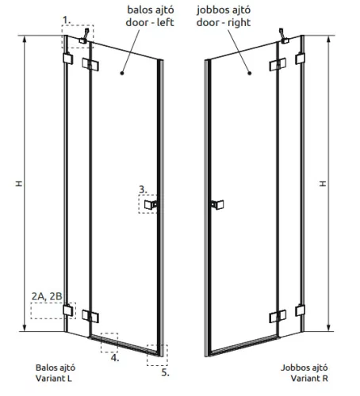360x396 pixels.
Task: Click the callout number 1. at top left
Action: click(x=67, y=20)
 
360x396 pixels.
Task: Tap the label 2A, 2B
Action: click(x=47, y=296)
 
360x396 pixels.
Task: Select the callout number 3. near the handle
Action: click(x=143, y=189)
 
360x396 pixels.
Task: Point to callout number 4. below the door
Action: click(x=115, y=358)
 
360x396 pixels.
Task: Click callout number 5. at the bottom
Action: click(x=165, y=372)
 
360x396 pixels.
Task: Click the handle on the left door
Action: click(x=151, y=204)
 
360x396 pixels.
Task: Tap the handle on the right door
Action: click(x=217, y=204)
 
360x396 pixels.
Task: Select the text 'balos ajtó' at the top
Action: click(x=151, y=10)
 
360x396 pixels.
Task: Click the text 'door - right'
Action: click(x=224, y=22)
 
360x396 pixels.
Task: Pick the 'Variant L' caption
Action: click(x=54, y=379)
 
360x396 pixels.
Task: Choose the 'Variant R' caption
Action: click(x=309, y=379)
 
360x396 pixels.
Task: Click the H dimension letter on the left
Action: click(x=19, y=184)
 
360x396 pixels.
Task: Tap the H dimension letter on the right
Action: click(x=323, y=184)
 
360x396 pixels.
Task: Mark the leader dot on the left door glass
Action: click(x=122, y=73)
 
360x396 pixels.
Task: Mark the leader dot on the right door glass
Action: click(x=249, y=73)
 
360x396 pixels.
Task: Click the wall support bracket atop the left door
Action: click(x=84, y=36)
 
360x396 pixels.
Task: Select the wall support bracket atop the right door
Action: click(x=284, y=36)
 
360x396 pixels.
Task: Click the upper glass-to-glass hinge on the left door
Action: click(x=90, y=64)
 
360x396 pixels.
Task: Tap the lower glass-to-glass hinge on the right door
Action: click(x=278, y=316)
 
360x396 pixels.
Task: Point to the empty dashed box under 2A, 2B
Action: click(x=53, y=311)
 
